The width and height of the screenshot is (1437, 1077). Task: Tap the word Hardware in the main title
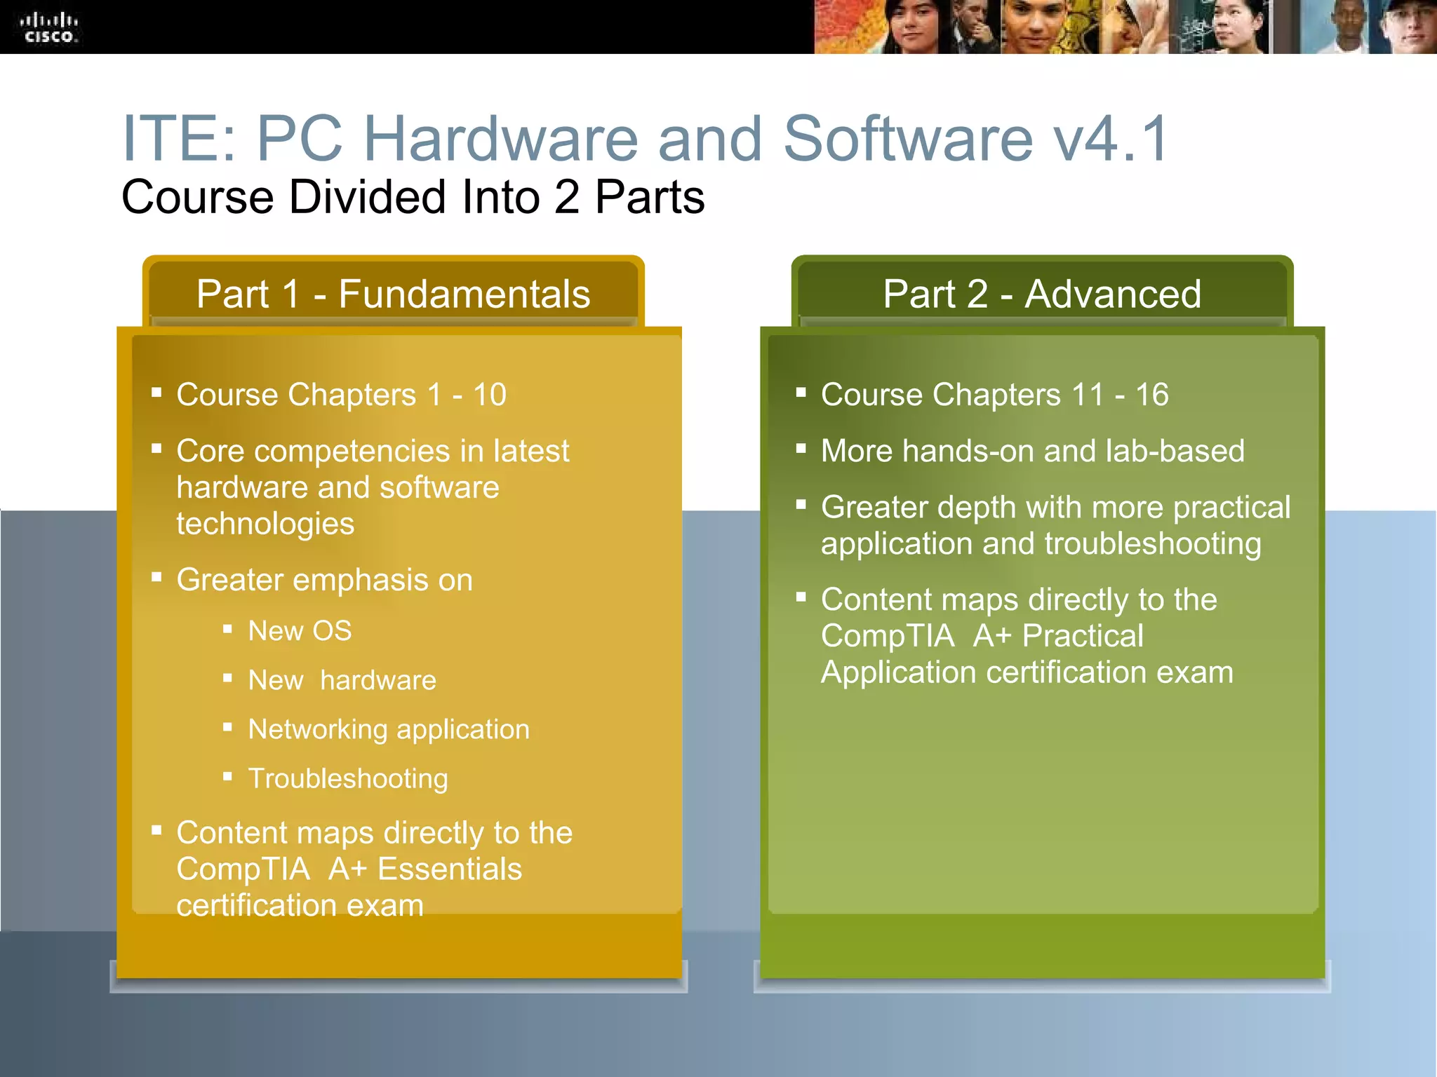[x=500, y=139]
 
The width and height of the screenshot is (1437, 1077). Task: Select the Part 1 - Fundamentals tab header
[x=393, y=294]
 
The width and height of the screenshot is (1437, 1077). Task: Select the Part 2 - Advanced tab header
[x=1042, y=294]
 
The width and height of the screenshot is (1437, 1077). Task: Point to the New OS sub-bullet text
[x=300, y=631]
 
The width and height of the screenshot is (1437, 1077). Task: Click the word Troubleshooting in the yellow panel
[x=348, y=779]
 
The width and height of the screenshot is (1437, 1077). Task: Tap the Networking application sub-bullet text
[x=389, y=730]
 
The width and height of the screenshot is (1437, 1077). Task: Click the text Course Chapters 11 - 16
[x=995, y=395]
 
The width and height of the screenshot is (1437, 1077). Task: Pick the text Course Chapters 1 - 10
[x=341, y=395]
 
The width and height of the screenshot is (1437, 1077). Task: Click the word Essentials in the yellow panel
[x=450, y=869]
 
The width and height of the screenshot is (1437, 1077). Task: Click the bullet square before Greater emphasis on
[x=156, y=577]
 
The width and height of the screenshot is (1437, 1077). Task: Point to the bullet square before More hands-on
[x=801, y=448]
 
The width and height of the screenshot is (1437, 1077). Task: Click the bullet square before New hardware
[x=227, y=678]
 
